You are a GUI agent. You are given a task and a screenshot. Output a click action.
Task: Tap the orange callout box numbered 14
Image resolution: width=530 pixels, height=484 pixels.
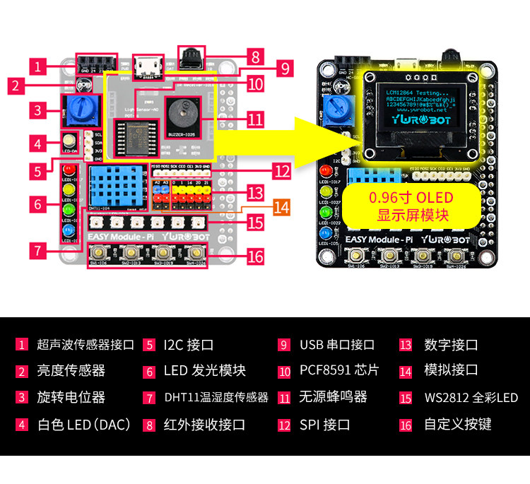[282, 207]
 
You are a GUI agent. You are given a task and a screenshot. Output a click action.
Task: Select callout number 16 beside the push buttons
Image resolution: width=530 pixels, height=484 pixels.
[256, 256]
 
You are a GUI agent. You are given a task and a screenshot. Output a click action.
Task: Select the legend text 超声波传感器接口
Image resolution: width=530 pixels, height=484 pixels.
[86, 345]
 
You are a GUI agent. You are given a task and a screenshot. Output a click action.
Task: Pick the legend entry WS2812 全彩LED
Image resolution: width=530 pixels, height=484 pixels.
[471, 398]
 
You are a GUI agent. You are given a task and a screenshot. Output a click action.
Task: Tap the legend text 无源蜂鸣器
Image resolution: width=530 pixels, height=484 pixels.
[333, 398]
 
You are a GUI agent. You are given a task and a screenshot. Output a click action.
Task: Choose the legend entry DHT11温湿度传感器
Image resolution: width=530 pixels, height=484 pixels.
[216, 398]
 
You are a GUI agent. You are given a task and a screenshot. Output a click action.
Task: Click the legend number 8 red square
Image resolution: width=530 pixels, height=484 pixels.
[148, 425]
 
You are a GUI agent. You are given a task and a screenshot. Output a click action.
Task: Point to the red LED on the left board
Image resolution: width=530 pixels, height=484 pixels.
[69, 171]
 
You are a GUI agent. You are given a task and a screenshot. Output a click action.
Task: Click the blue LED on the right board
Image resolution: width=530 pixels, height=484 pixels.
[326, 233]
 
